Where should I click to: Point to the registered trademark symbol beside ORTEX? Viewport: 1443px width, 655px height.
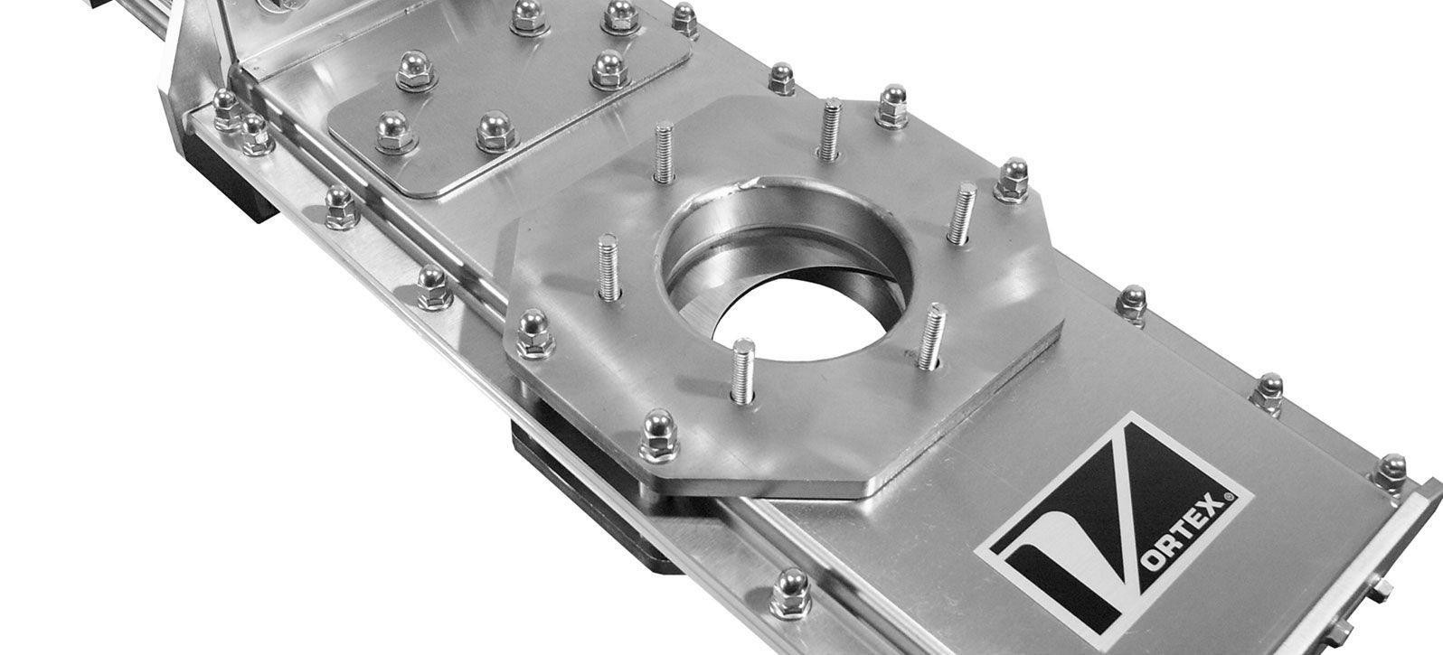[1229, 496]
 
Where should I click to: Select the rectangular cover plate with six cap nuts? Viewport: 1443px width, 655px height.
[509, 97]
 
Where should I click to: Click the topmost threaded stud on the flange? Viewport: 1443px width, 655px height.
[830, 128]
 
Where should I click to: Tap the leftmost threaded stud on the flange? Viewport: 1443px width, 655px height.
[608, 267]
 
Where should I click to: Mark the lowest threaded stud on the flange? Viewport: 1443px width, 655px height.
[743, 370]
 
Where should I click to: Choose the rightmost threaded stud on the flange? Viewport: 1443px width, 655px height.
[962, 213]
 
